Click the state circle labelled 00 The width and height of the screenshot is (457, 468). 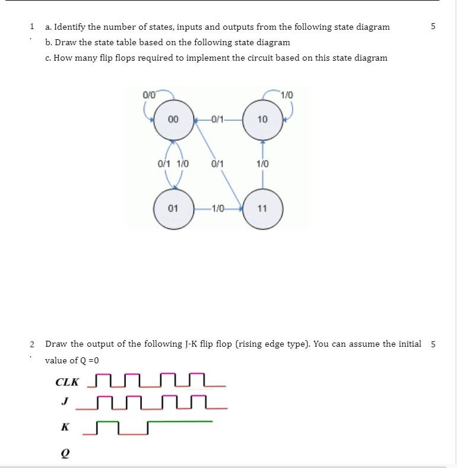[173, 120]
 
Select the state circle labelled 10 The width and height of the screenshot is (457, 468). [262, 120]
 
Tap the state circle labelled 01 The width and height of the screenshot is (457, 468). [173, 209]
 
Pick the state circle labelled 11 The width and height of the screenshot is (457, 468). [262, 209]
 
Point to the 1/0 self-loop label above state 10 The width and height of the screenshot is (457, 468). [287, 95]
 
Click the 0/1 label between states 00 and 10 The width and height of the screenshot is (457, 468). [217, 120]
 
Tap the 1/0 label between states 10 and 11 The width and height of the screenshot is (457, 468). [262, 164]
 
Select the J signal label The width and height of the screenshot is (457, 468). [64, 401]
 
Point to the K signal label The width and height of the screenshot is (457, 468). [65, 427]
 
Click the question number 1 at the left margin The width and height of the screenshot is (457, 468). [31, 27]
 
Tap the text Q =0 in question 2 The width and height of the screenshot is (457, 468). [87, 360]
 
